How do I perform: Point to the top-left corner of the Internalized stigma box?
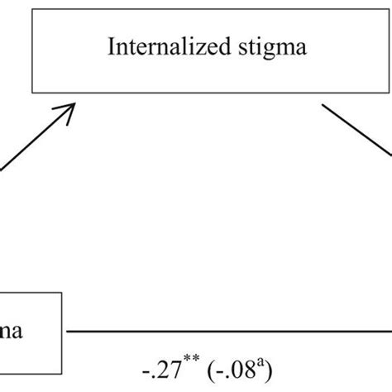(x=32, y=11)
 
